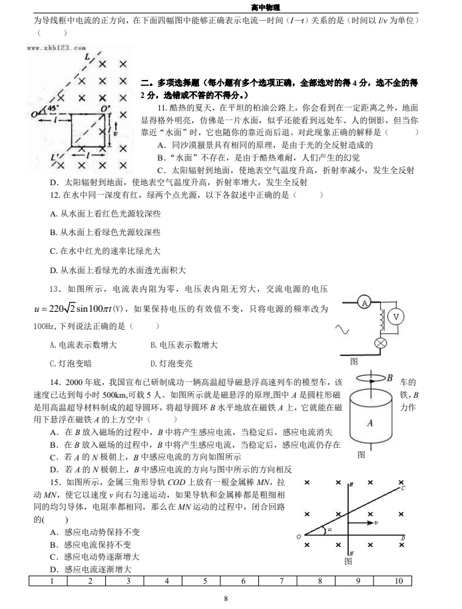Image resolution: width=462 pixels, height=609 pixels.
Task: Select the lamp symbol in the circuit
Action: (381, 343)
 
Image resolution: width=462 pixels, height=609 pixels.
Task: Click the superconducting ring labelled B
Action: (371, 378)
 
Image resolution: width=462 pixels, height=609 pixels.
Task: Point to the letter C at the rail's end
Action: (402, 489)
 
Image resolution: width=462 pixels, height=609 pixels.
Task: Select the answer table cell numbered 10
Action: (398, 582)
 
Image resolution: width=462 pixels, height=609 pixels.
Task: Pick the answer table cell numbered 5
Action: (205, 582)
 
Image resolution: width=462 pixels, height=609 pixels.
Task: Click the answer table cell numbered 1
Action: (51, 582)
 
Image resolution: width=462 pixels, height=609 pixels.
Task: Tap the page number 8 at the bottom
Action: (226, 599)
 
